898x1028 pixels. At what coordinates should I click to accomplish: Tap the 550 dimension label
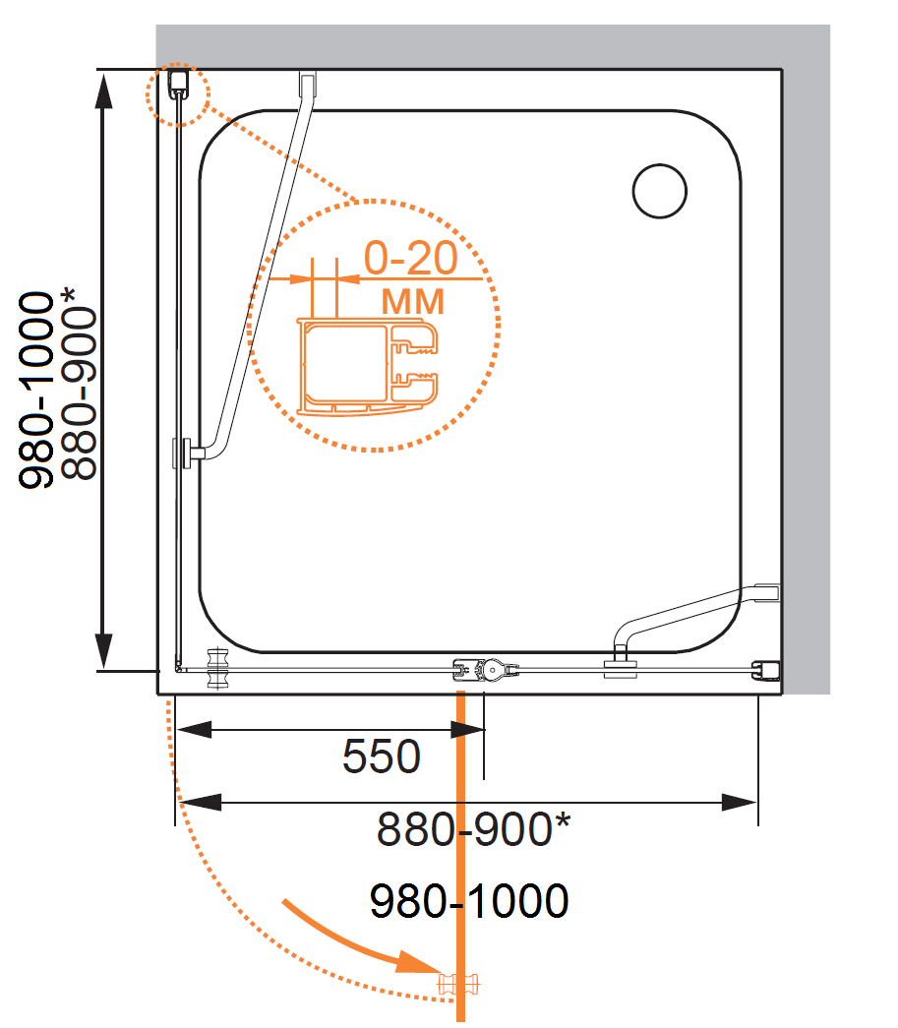(382, 756)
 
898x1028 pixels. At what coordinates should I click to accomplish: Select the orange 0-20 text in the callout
(411, 258)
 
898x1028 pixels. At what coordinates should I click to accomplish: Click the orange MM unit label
(413, 302)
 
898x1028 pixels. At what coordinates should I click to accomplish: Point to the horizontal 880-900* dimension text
(473, 828)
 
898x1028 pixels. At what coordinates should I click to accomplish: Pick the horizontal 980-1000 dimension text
(469, 900)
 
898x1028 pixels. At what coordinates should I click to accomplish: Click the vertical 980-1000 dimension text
(36, 391)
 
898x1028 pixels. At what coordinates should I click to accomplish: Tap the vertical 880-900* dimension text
(78, 384)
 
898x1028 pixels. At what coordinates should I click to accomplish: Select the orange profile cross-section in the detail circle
(368, 367)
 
